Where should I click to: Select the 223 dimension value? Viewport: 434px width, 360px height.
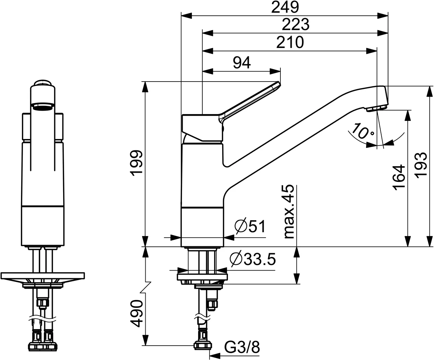(x=296, y=25)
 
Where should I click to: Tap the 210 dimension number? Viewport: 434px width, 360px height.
(x=290, y=42)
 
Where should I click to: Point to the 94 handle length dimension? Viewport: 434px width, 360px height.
(x=242, y=62)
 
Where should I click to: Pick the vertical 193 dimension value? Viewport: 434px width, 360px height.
(x=421, y=165)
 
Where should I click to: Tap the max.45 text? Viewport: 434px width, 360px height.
(x=289, y=211)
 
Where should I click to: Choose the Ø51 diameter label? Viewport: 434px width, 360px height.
(x=250, y=227)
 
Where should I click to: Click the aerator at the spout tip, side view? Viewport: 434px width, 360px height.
(x=376, y=109)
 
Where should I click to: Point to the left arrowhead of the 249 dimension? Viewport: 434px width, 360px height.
(x=185, y=16)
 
